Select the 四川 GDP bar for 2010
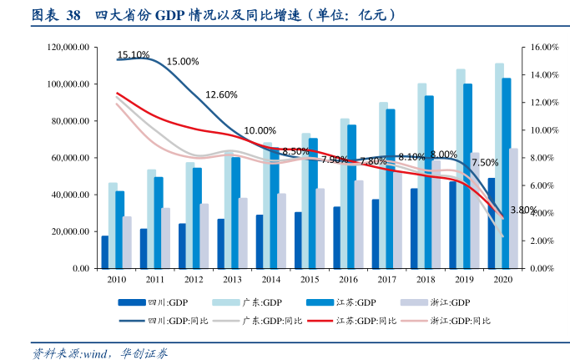[x=105, y=251]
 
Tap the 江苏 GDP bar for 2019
[x=468, y=175]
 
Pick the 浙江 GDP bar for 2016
[x=359, y=224]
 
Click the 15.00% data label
[x=183, y=61]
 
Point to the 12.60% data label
[x=221, y=94]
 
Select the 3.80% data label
[x=522, y=210]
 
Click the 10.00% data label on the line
[x=260, y=130]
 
